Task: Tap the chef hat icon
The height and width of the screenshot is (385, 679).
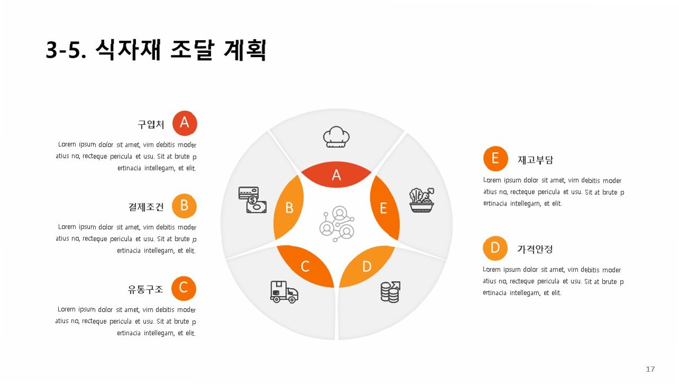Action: click(x=337, y=137)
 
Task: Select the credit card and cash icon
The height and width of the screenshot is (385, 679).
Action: click(x=249, y=200)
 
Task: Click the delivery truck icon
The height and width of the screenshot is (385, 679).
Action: click(x=284, y=291)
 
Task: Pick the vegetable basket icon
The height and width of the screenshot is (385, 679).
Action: click(x=421, y=200)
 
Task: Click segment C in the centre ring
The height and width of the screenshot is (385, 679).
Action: click(x=305, y=266)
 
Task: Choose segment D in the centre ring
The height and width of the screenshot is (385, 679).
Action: click(x=367, y=266)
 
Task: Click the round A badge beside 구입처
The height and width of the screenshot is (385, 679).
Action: click(x=185, y=123)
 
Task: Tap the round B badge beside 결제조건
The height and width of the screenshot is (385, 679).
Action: click(x=184, y=205)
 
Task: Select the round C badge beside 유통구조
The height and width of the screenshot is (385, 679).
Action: click(x=184, y=288)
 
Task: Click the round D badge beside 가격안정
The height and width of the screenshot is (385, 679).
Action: click(x=495, y=248)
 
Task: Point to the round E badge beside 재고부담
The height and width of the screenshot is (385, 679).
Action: click(x=495, y=158)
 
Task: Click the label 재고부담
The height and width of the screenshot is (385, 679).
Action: click(x=535, y=159)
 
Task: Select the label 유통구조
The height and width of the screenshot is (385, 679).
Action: click(x=146, y=289)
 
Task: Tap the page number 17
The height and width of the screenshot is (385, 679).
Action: click(x=650, y=369)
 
